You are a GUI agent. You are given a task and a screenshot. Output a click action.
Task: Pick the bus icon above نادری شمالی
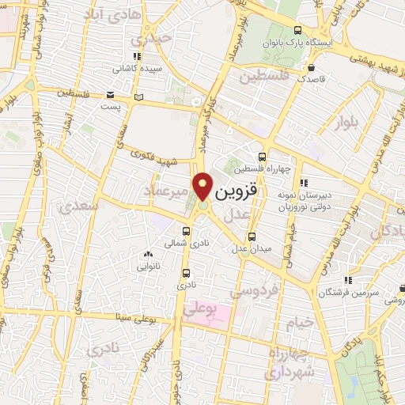186,232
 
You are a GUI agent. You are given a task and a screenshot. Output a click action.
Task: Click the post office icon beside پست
140,97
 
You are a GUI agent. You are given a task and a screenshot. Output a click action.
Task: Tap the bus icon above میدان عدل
252,237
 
